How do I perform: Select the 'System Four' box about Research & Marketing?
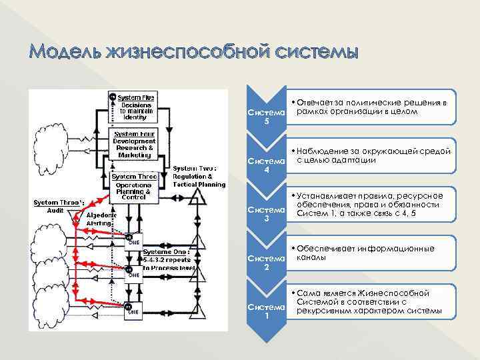pyautogui.click(x=134, y=144)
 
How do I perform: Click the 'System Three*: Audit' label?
pyautogui.click(x=59, y=205)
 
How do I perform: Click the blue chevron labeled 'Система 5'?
pyautogui.click(x=266, y=116)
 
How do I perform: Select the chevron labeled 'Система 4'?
pyautogui.click(x=266, y=165)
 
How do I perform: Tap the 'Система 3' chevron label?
pyautogui.click(x=266, y=214)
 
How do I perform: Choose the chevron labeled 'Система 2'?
pyautogui.click(x=266, y=262)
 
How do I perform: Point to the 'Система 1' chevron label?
pyautogui.click(x=266, y=311)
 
